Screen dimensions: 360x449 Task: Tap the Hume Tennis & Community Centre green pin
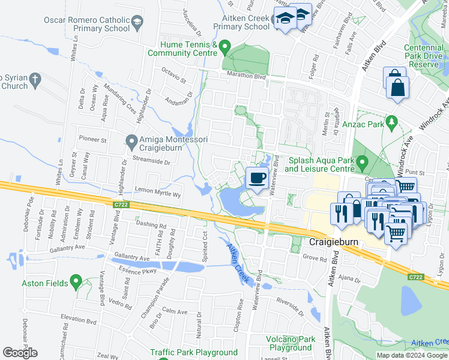(x=225, y=46)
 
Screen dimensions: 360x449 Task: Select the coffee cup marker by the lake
(x=258, y=178)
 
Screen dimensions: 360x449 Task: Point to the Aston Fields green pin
(x=76, y=280)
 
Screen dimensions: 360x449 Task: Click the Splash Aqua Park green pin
(x=362, y=163)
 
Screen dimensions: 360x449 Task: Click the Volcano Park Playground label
(x=290, y=343)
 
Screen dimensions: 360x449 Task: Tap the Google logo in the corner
(x=20, y=353)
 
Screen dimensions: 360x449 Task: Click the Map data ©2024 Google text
(x=411, y=355)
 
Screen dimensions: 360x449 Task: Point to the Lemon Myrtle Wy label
(x=158, y=194)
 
